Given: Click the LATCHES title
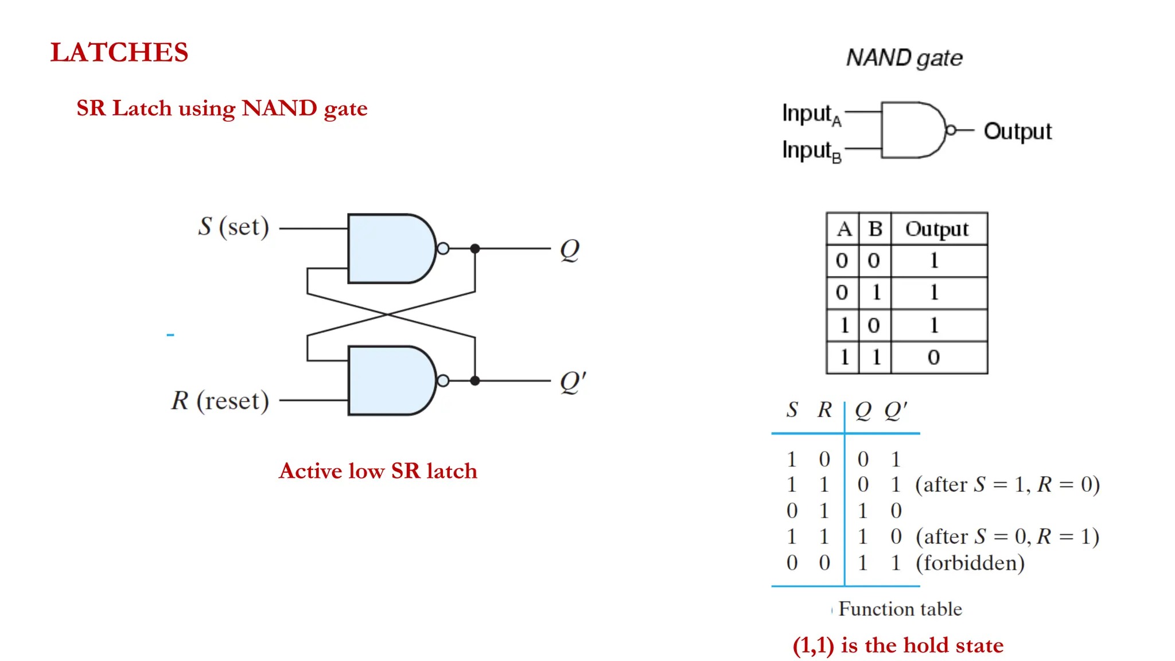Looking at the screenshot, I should (119, 52).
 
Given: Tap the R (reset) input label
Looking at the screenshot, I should (220, 401).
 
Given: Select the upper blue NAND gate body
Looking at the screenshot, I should (387, 248).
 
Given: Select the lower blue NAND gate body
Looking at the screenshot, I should (387, 380).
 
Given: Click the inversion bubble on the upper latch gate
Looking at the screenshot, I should (443, 248).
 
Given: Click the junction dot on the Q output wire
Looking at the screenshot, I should (475, 248).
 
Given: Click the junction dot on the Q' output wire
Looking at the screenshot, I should (475, 380).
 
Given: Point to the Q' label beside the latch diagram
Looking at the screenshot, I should (572, 382).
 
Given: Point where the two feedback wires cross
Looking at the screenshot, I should (388, 314).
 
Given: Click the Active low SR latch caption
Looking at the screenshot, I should (378, 471).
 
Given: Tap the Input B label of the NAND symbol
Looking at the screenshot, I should (811, 151).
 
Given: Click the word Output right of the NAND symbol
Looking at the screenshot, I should (1017, 131).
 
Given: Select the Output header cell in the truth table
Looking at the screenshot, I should (937, 229).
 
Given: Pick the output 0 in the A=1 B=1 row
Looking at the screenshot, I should (933, 357).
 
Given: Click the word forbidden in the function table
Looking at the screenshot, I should (970, 563).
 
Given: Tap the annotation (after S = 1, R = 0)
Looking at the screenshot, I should (1007, 485).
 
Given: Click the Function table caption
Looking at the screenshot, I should (900, 609).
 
